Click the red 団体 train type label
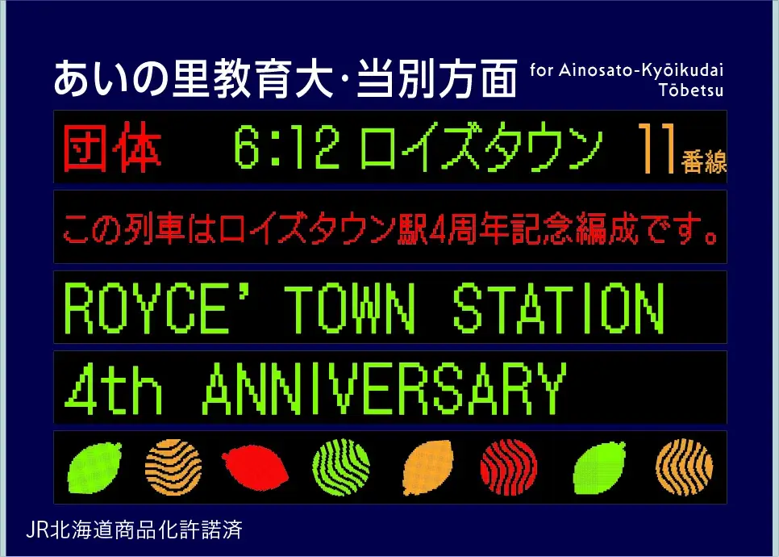113,149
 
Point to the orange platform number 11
655,149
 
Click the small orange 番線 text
703,161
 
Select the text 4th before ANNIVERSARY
113,388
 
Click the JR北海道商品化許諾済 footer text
134,530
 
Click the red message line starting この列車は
390,228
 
